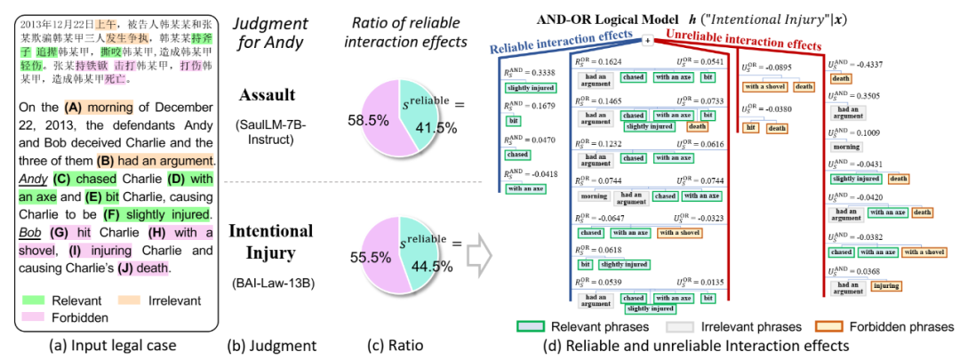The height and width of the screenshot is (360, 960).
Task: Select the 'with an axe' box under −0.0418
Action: (x=525, y=188)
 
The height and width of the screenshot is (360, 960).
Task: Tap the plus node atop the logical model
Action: (x=648, y=39)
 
